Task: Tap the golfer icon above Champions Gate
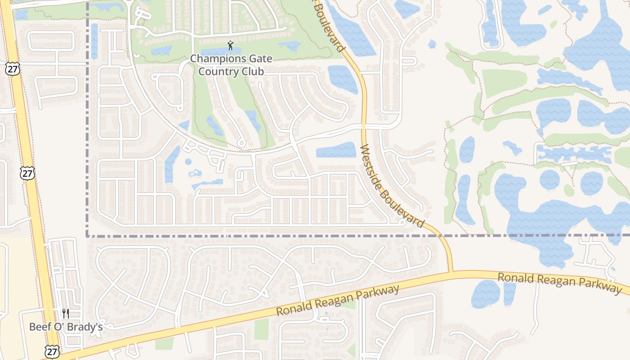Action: [230, 45]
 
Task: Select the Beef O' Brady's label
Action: [66, 327]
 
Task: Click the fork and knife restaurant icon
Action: [66, 313]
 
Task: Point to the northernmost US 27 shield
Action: [13, 69]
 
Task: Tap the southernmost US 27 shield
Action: [52, 351]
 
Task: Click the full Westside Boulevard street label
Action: [392, 185]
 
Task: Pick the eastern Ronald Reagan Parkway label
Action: [559, 283]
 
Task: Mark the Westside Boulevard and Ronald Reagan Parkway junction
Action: [451, 272]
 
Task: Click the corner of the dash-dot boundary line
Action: [87, 235]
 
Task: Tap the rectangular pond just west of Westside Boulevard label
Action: [336, 150]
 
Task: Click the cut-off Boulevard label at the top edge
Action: [331, 25]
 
